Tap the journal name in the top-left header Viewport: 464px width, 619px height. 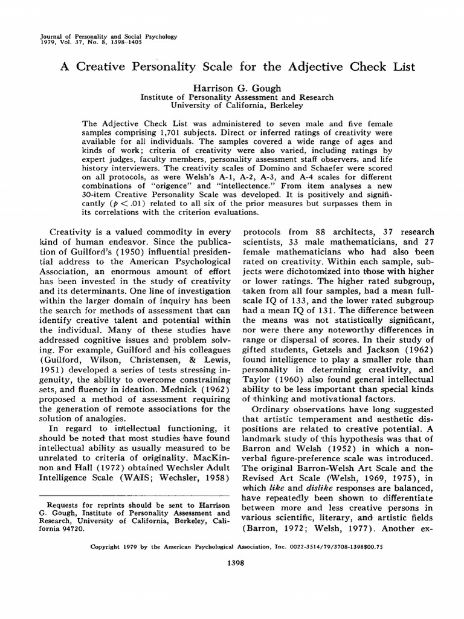tap(107, 36)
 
